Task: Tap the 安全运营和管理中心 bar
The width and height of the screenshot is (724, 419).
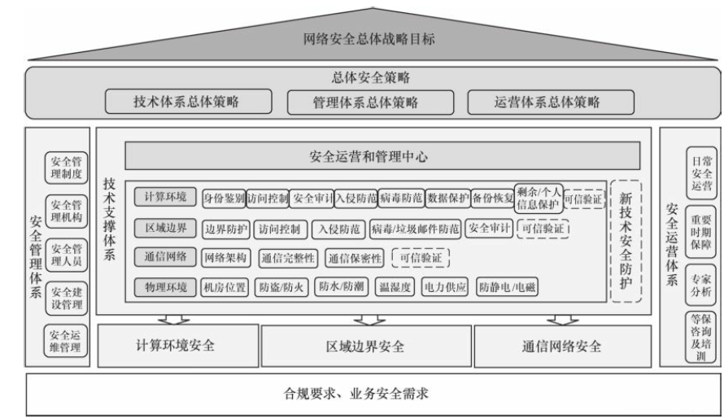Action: (x=382, y=155)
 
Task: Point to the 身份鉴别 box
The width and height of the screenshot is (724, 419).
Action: (x=224, y=199)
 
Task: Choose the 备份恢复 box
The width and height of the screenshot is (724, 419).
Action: (x=492, y=199)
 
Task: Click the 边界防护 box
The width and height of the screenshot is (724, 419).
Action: (x=225, y=229)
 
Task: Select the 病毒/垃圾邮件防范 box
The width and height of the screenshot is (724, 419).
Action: (x=415, y=229)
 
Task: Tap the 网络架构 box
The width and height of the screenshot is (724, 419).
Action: (x=225, y=258)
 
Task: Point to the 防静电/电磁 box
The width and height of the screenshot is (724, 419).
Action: (x=505, y=287)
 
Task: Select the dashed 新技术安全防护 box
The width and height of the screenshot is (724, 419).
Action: (x=627, y=241)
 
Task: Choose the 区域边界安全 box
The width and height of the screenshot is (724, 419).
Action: (x=365, y=347)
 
